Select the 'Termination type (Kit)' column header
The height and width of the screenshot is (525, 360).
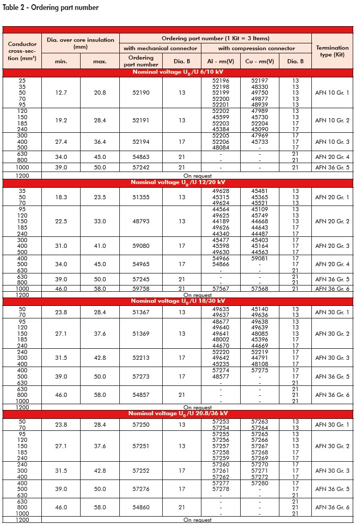pyautogui.click(x=332, y=51)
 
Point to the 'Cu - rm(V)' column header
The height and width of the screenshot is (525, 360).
pyautogui.click(x=260, y=61)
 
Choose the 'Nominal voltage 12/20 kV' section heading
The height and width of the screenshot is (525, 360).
pyautogui.click(x=178, y=182)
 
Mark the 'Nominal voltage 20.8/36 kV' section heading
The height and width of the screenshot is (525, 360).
pyautogui.click(x=178, y=413)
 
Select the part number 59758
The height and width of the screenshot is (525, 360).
pyautogui.click(x=141, y=288)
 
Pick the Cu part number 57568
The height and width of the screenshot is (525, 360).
pyautogui.click(x=260, y=288)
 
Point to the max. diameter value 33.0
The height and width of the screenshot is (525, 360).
pyautogui.click(x=99, y=221)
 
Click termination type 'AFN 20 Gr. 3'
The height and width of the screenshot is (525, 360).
pyautogui.click(x=332, y=246)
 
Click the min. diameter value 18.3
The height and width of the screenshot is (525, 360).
pyautogui.click(x=61, y=197)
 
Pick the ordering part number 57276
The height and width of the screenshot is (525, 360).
pyautogui.click(x=141, y=489)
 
